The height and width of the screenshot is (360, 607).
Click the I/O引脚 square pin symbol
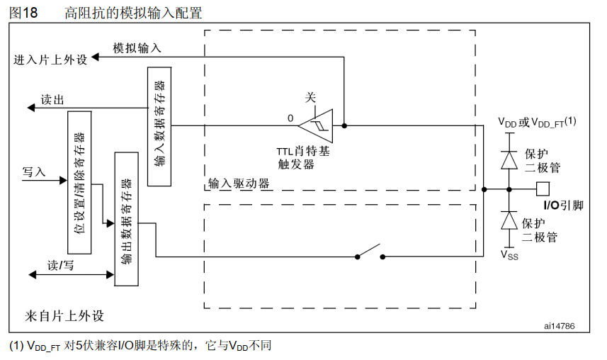pos(543,189)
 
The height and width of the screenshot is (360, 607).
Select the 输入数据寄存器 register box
pos(159,126)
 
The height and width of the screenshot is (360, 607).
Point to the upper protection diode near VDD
pos(509,159)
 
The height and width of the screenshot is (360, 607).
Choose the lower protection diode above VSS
pos(509,220)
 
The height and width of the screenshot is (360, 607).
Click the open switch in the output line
pos(368,253)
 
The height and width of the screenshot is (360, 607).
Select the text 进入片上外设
pos(51,60)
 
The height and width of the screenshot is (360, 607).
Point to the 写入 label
pos(34,171)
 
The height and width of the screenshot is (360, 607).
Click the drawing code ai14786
pos(559,325)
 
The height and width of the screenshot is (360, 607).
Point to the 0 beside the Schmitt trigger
pos(290,118)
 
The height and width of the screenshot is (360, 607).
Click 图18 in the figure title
pos(23,11)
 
